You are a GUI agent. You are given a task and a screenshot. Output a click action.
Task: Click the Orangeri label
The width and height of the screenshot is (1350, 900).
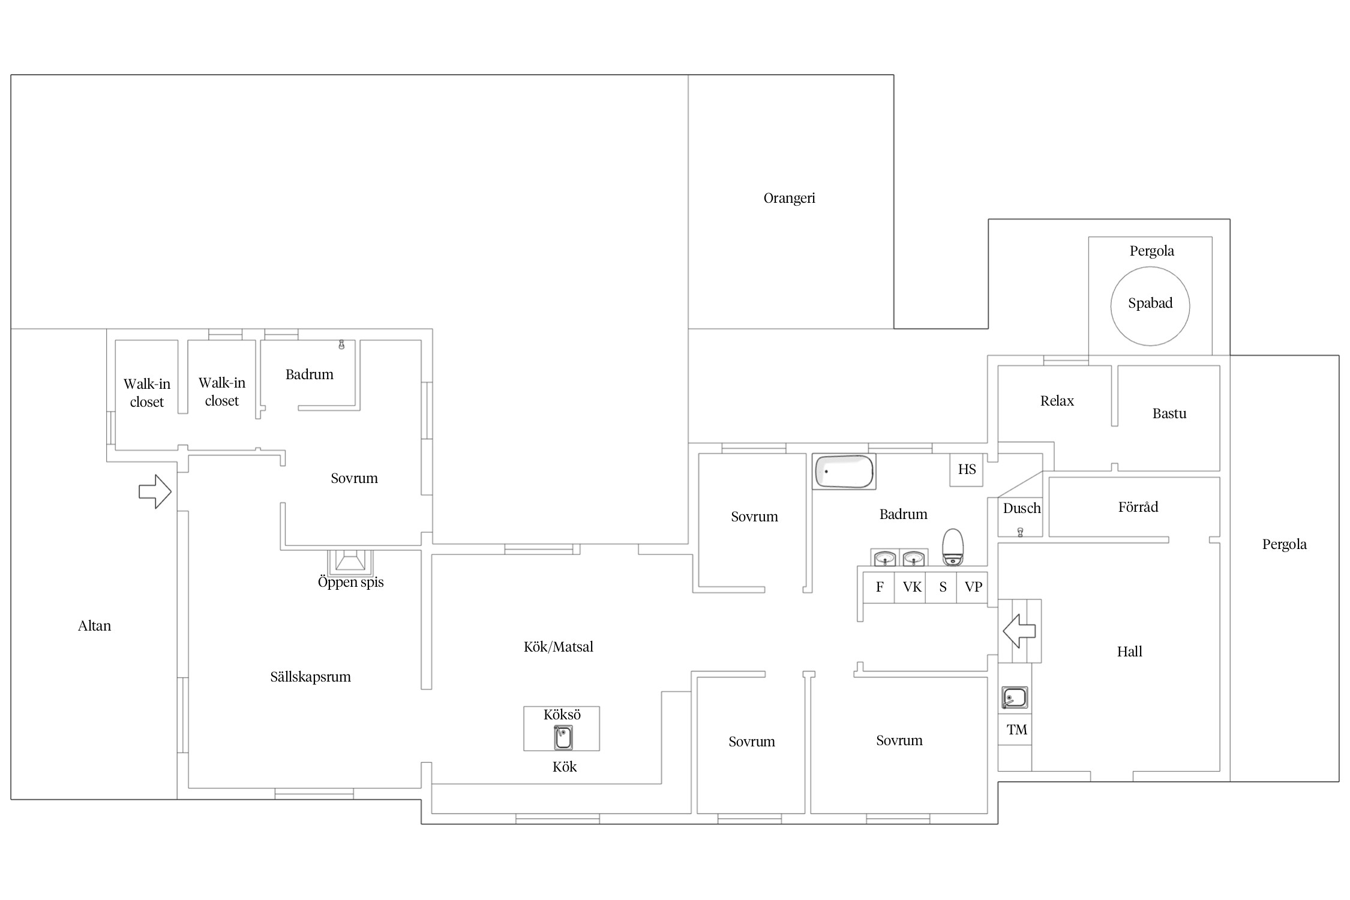[789, 198]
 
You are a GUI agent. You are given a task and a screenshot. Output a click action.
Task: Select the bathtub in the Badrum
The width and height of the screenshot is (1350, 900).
[844, 472]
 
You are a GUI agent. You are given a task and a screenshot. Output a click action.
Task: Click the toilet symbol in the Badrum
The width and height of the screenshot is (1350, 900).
[953, 547]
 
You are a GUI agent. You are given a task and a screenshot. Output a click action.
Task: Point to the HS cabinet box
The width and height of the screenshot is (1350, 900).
[966, 469]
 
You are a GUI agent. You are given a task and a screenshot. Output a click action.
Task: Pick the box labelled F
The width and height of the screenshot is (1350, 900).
[878, 587]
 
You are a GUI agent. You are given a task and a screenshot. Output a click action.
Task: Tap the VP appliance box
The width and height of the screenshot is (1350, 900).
[972, 587]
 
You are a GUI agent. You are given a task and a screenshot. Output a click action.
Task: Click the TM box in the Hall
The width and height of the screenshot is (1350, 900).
[1015, 730]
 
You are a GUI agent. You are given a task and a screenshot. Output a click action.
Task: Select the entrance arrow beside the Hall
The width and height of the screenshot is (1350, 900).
[1019, 631]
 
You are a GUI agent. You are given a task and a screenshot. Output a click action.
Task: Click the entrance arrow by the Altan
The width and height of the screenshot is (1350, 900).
[155, 492]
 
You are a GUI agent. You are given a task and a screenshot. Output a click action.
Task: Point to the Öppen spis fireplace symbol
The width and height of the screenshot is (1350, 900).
[350, 562]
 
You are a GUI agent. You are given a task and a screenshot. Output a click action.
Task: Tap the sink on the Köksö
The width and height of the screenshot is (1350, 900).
[563, 737]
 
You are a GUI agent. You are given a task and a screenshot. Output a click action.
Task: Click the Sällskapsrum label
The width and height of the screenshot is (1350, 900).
[310, 677]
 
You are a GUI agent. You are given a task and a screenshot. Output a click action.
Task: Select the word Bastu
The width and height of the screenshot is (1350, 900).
[1169, 413]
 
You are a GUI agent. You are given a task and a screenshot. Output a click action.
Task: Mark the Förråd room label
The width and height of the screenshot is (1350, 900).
[1138, 507]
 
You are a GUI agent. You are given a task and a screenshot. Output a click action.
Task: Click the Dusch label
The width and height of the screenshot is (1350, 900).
[1021, 508]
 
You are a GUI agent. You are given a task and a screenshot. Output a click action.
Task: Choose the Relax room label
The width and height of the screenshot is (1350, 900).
[1057, 401]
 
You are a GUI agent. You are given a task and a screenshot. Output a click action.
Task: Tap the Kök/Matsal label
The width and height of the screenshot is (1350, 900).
[558, 647]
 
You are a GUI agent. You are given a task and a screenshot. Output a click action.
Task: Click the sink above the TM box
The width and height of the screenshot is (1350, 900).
[1015, 698]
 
